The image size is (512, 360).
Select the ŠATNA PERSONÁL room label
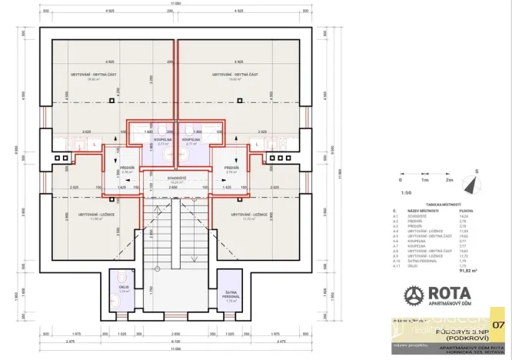pyautogui.click(x=230, y=293)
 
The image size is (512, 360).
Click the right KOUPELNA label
pyautogui.click(x=192, y=139)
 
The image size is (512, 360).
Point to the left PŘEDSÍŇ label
pyautogui.click(x=128, y=166)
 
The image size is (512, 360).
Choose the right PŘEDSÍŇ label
pyautogui.click(x=229, y=166)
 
